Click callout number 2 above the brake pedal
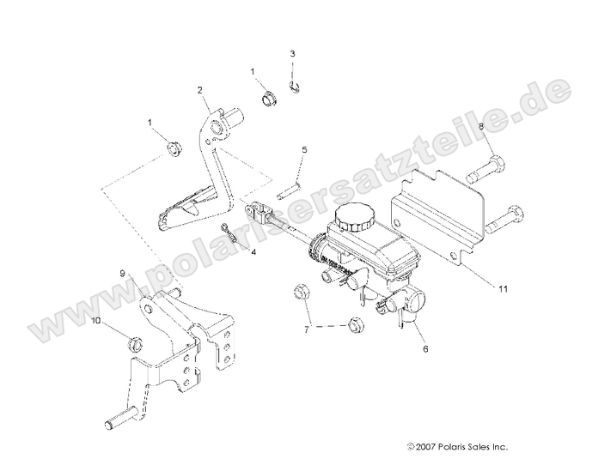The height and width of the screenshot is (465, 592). tap(199, 90)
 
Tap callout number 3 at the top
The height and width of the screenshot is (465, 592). tap(292, 54)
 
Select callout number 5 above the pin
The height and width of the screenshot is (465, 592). tap(303, 149)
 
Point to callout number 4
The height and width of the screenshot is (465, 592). tap(253, 251)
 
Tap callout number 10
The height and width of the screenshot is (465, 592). tap(95, 320)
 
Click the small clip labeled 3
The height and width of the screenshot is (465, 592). tap(295, 84)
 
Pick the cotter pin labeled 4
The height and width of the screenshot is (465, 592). tap(228, 232)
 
